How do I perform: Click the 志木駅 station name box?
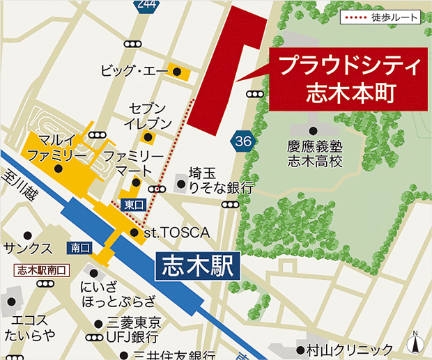(x=195, y=266)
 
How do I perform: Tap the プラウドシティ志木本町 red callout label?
(x=346, y=79)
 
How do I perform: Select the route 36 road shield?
(x=242, y=141)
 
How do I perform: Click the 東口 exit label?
(x=133, y=204)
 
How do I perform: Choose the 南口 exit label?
(x=80, y=247)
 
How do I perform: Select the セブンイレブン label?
(x=148, y=116)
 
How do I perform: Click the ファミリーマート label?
(x=132, y=163)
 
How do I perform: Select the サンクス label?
(x=27, y=248)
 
